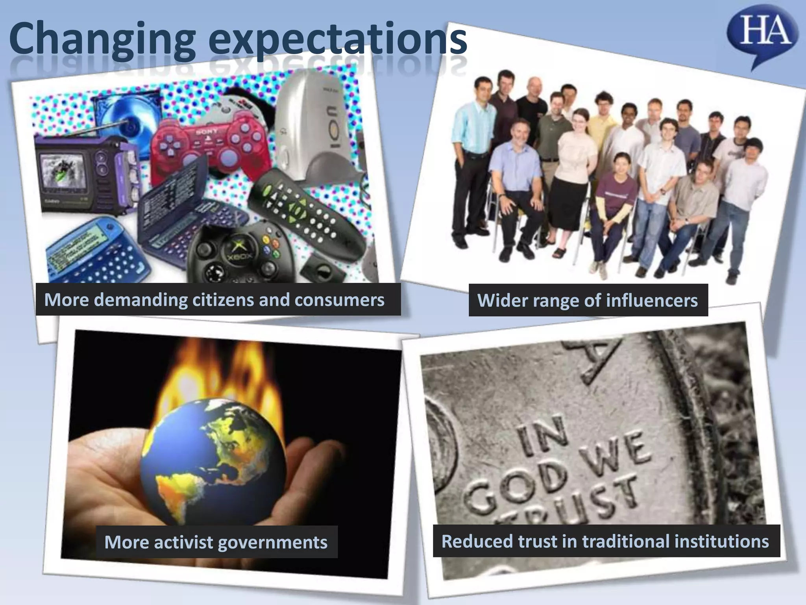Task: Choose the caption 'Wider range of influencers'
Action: tap(588, 301)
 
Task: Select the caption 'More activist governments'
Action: tap(216, 542)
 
